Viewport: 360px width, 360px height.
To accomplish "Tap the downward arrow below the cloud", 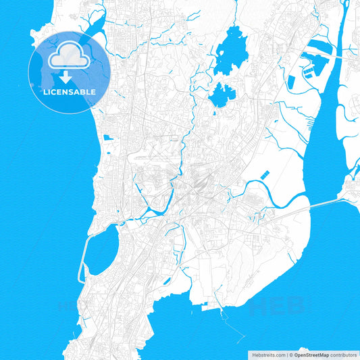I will [69, 77].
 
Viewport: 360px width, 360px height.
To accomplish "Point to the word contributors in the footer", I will [344, 355].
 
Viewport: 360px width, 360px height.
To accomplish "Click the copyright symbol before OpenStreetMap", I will [291, 355].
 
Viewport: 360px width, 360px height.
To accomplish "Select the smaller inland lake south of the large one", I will [220, 95].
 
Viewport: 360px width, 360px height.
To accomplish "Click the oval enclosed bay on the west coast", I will [101, 249].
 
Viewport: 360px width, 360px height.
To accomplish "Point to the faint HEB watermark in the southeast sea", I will [277, 307].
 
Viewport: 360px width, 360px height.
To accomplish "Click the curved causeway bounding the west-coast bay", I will [83, 260].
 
